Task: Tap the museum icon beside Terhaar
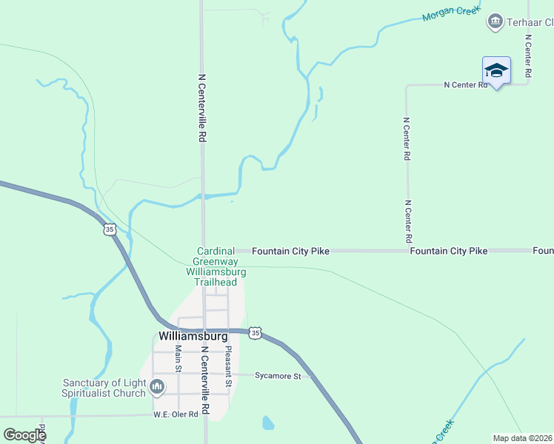(494, 22)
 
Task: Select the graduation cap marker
(496, 70)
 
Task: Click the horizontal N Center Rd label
(466, 85)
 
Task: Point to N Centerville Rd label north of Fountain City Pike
(201, 107)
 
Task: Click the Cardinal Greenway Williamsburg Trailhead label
(216, 266)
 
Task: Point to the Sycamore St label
(278, 376)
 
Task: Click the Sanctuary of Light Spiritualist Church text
(104, 388)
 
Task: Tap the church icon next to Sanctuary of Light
(157, 386)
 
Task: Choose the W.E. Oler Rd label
(176, 414)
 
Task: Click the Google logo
(25, 434)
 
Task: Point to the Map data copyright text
(522, 438)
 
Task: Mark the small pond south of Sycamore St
(267, 423)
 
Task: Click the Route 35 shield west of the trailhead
(110, 229)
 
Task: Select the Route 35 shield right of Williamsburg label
(255, 333)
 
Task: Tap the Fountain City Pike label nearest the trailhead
(290, 252)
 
